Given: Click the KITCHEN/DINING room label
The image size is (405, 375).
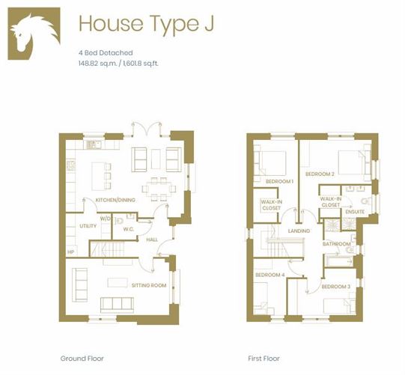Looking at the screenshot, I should (115, 200).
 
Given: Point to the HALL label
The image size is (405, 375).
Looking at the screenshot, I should (152, 240).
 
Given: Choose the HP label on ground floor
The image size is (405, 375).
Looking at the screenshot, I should (70, 251).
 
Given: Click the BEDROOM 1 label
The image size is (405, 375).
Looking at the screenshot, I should (279, 181).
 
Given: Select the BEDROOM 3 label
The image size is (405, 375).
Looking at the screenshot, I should (336, 287).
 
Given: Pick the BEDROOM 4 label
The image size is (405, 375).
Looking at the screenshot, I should (270, 275).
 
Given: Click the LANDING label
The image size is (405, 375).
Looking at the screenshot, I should (299, 231).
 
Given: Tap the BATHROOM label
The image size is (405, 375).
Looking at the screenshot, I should (337, 243).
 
